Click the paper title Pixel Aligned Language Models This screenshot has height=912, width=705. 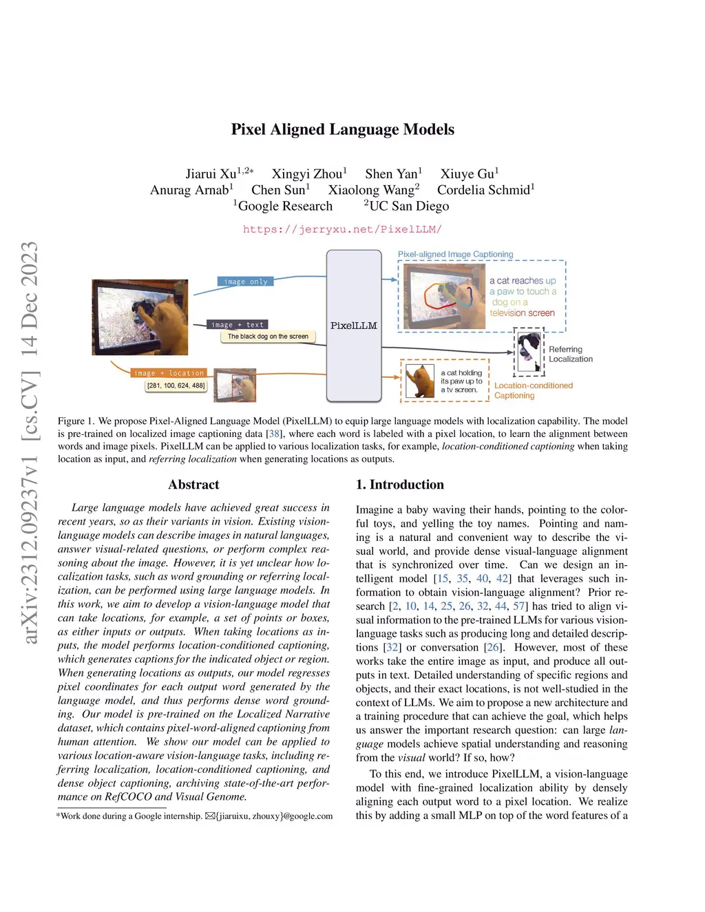(342, 129)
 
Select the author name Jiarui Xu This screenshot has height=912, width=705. (210, 174)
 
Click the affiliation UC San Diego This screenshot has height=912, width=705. (409, 206)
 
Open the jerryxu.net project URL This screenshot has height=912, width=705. (342, 229)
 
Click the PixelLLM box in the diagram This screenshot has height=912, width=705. (354, 326)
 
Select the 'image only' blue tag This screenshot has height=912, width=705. (246, 282)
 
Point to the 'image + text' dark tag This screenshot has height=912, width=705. (237, 324)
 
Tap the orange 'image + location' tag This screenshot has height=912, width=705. (169, 373)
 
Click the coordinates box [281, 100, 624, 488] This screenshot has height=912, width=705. (176, 385)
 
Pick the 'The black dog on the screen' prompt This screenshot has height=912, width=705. (268, 337)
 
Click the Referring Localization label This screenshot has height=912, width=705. (570, 354)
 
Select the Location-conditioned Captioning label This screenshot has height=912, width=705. (533, 390)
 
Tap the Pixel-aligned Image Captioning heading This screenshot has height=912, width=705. (455, 254)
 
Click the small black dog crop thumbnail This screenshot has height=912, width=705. (529, 352)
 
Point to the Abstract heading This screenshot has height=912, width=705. (193, 485)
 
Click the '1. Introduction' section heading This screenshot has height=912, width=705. (399, 485)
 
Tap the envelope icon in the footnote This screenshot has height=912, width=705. (210, 816)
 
